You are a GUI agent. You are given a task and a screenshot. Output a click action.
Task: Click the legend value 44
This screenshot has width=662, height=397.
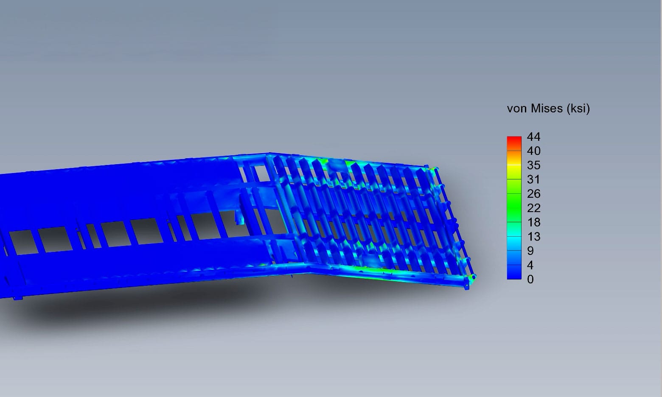pyautogui.click(x=534, y=137)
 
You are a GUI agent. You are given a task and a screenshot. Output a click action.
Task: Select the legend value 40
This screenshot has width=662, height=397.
pyautogui.click(x=534, y=151)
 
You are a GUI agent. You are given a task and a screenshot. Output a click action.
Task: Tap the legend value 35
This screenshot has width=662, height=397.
pyautogui.click(x=534, y=165)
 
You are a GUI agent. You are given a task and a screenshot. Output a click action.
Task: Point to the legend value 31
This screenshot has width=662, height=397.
pyautogui.click(x=534, y=179)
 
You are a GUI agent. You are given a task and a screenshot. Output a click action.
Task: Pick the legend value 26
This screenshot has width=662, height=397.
pyautogui.click(x=534, y=194)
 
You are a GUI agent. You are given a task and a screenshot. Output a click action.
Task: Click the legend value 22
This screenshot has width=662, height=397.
pyautogui.click(x=534, y=208)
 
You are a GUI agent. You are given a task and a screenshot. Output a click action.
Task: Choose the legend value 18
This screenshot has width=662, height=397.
pyautogui.click(x=534, y=222)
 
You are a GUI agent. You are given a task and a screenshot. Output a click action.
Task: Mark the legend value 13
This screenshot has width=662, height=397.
pyautogui.click(x=534, y=236)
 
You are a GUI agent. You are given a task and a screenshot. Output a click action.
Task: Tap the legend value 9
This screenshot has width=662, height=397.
pyautogui.click(x=530, y=251)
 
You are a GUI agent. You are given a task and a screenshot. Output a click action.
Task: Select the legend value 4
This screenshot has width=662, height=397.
pyautogui.click(x=530, y=265)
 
